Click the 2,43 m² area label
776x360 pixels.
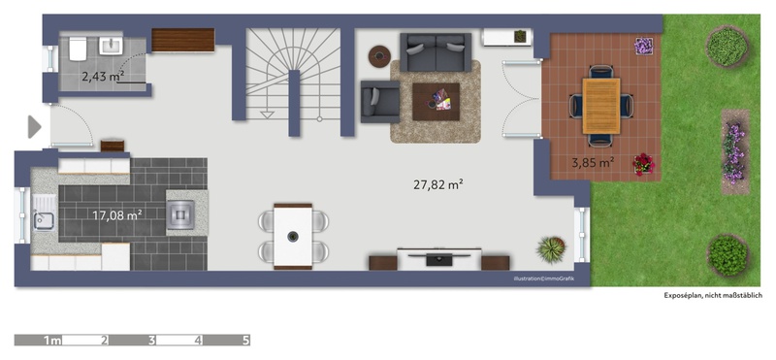pos(103,77)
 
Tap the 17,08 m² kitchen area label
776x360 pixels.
pos(117,214)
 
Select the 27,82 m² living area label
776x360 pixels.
pos(438,184)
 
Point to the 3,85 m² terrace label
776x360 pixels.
pos(593,162)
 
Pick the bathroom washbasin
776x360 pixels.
pos(112,46)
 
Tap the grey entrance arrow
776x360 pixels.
pos(34,127)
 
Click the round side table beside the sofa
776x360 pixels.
pos(379,56)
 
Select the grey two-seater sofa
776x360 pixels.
pos(436,52)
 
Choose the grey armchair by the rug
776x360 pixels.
pos(380,102)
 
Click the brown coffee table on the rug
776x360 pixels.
pos(436,102)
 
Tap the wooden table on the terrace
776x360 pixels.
pos(601,106)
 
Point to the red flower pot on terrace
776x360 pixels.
pos(643,164)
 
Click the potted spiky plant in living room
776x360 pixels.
pos(551,249)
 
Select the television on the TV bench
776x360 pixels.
pos(439,257)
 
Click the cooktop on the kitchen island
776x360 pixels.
pos(180,214)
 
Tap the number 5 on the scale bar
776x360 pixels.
pos(246,341)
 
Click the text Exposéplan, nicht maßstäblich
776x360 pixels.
pos(713,296)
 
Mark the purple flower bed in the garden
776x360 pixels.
pos(735,152)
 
